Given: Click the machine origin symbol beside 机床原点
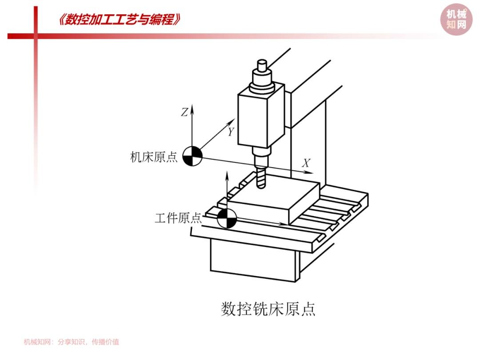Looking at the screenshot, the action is tap(192, 156).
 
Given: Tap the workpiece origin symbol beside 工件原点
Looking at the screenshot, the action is tap(227, 218).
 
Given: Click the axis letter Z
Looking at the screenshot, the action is tap(184, 112).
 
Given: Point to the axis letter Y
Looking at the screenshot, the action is tap(231, 132).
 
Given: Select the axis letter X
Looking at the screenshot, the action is tap(306, 163).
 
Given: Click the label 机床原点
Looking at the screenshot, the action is tap(154, 157).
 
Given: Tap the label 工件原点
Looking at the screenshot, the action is tap(178, 218).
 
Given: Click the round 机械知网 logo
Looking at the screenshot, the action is tap(456, 19).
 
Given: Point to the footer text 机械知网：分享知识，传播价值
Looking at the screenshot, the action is tap(71, 342).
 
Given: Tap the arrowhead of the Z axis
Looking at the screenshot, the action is tap(192, 109).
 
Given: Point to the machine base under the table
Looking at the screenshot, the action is tap(253, 260).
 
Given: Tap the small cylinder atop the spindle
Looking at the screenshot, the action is tap(262, 65).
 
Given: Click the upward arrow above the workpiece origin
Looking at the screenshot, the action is tap(227, 190).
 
